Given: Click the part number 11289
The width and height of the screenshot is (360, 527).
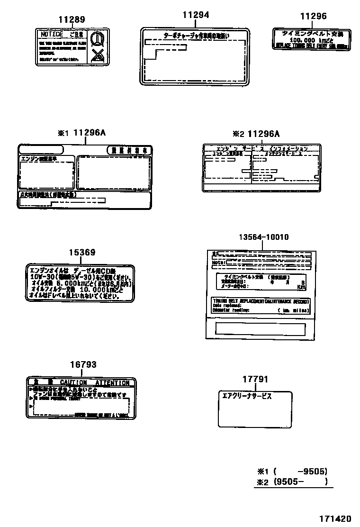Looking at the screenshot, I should point(72,20).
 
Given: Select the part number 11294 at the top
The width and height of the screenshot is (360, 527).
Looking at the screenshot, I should point(196,15).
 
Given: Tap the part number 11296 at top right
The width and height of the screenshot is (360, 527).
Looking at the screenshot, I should point(313,17).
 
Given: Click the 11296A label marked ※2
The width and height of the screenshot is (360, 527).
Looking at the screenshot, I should point(263,134).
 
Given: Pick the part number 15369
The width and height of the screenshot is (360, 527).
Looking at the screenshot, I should point(82,253).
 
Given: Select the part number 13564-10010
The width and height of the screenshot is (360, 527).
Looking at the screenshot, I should point(263,237).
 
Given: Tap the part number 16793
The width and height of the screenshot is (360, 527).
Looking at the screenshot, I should point(83,364).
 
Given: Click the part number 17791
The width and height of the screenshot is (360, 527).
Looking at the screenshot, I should point(255,379).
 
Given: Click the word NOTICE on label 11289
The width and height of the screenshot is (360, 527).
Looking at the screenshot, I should point(52,35).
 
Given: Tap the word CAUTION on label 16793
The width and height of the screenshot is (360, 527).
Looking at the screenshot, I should point(73,382).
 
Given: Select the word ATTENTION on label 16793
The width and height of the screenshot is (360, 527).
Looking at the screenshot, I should point(112,382).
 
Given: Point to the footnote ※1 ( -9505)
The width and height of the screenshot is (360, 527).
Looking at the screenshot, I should point(292,472).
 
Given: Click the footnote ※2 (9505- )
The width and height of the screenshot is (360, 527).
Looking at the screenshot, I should point(292,482).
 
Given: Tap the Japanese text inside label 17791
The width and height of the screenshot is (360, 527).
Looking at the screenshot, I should point(247,397).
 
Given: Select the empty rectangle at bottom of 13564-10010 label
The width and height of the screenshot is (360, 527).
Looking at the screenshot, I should point(260,329).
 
